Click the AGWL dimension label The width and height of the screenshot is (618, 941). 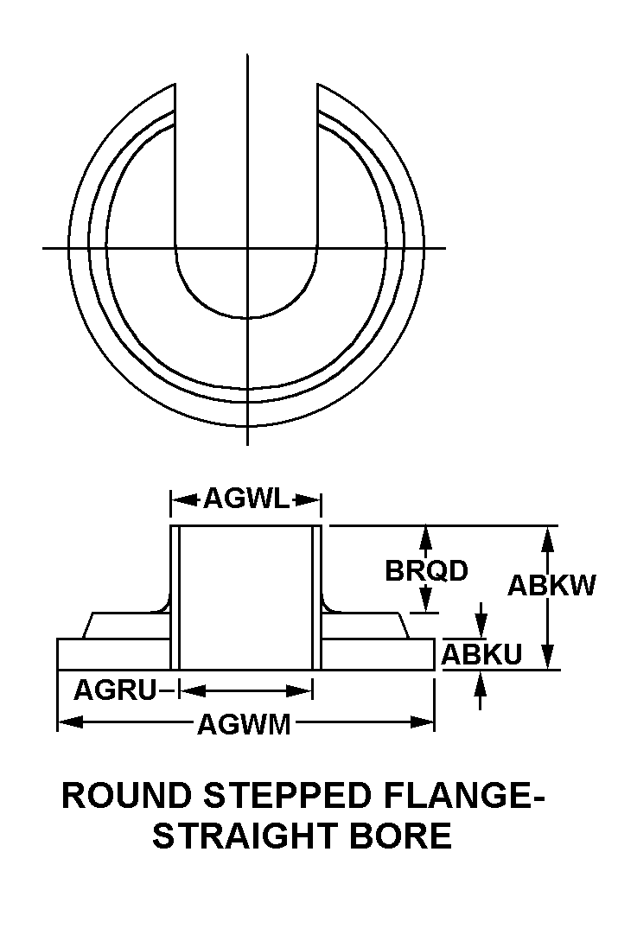point(247,498)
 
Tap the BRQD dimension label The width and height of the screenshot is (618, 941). point(426,570)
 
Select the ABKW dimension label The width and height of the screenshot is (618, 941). point(551,584)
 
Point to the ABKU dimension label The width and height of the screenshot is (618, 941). point(481,654)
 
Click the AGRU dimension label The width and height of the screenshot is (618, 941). point(115,690)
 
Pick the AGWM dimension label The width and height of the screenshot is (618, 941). point(244,724)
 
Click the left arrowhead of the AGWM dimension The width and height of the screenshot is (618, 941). point(70,722)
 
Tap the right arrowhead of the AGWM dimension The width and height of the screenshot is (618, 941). point(422,722)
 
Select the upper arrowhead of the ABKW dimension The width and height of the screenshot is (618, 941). point(546,538)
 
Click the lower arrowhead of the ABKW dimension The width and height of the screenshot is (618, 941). point(546,657)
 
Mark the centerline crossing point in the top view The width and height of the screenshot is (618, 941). point(247,247)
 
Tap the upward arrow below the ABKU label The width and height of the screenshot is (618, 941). point(480,690)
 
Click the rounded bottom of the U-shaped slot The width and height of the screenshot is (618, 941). point(247,316)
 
